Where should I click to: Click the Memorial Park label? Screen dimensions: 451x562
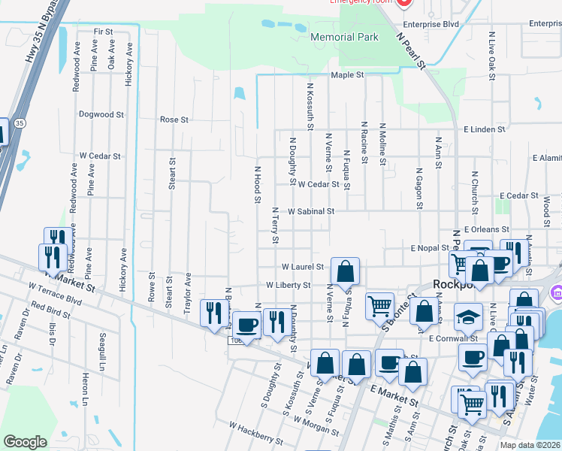[x=346, y=37]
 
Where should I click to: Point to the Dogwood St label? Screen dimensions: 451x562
[x=101, y=115]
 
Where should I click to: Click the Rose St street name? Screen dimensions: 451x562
[x=174, y=120]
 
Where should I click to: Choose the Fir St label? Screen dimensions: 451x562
[x=103, y=32]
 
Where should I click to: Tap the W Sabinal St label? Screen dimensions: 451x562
[x=310, y=212]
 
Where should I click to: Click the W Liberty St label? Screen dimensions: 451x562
[x=288, y=286]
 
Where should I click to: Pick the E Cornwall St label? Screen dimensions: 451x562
[x=453, y=339]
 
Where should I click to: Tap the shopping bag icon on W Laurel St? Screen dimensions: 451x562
[x=345, y=271]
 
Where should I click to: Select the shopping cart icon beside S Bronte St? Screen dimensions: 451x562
[x=380, y=305]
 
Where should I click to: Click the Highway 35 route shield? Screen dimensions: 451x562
[x=20, y=123]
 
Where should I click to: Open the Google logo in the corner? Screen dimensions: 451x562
[x=25, y=442]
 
